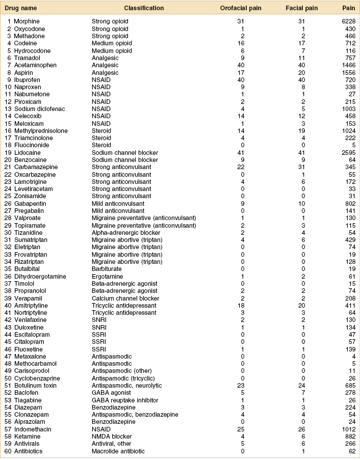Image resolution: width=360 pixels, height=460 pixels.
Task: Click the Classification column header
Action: tap(144, 8)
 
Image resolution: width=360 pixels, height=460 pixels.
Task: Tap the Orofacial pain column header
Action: tap(241, 8)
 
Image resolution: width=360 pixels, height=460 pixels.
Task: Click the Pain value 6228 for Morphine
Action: tap(348, 21)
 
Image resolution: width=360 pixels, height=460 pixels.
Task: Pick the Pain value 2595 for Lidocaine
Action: tap(348, 153)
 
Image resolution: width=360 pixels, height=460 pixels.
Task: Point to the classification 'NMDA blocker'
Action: tap(112, 437)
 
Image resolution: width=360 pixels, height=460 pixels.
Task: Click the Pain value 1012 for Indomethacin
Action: tap(348, 429)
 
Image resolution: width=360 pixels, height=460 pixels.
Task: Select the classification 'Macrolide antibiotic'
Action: tap(118, 451)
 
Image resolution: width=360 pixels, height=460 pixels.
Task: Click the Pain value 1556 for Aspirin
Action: tap(348, 72)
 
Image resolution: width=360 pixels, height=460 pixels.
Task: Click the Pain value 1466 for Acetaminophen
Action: tap(348, 65)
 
